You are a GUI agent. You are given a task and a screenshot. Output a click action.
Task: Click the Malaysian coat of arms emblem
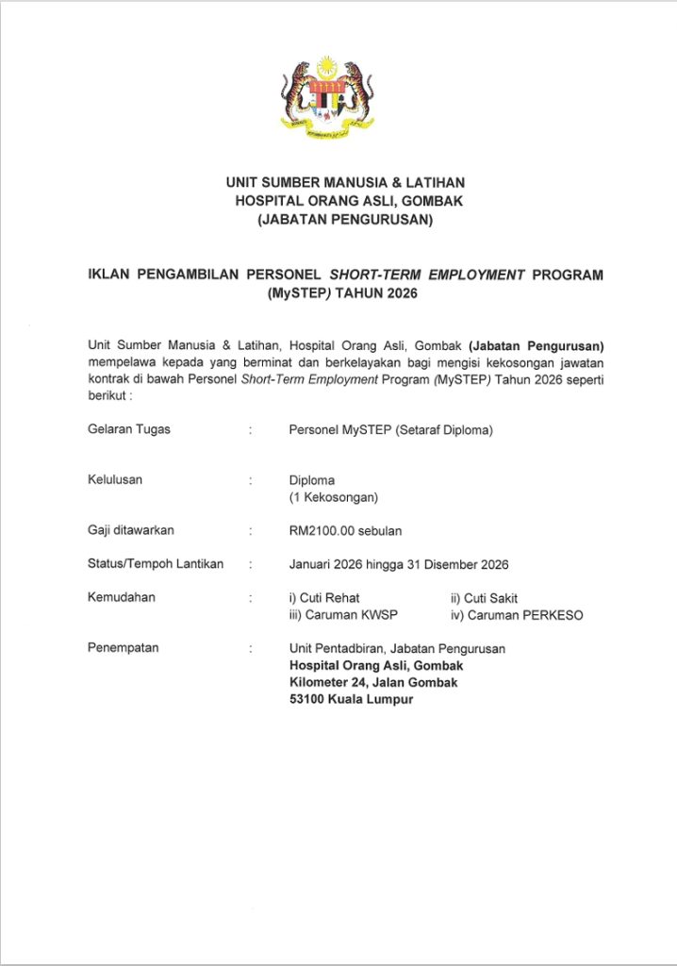(x=326, y=98)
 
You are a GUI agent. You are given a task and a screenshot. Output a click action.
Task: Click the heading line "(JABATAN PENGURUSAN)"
(x=345, y=222)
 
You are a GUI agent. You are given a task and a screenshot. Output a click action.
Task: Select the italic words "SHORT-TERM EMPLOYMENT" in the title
(x=426, y=275)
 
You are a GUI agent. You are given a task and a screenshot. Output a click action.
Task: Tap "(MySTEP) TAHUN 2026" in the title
(x=342, y=292)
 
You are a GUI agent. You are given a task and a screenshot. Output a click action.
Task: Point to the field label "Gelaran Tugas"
(x=129, y=429)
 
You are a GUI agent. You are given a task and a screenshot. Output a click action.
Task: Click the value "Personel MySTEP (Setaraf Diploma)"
(x=390, y=430)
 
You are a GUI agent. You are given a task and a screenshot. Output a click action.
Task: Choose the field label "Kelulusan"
(x=115, y=479)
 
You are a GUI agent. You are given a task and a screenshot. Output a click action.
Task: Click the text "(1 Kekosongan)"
(x=333, y=497)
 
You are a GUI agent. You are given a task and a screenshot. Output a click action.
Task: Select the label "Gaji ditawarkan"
(x=130, y=530)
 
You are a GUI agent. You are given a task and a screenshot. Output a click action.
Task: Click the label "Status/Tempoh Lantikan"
(x=156, y=564)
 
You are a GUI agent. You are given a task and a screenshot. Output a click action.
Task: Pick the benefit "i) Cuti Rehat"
(x=324, y=598)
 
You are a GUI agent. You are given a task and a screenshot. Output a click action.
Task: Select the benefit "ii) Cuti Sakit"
(x=485, y=598)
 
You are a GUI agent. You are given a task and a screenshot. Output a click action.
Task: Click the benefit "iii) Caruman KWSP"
(x=343, y=615)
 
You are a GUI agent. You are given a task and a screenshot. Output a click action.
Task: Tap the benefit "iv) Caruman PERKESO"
(x=517, y=615)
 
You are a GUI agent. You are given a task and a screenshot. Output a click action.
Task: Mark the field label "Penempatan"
(x=124, y=648)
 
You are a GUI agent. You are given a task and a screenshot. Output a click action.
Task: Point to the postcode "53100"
(x=308, y=699)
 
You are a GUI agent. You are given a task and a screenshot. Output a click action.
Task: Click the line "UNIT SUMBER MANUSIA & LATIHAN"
(x=345, y=182)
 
